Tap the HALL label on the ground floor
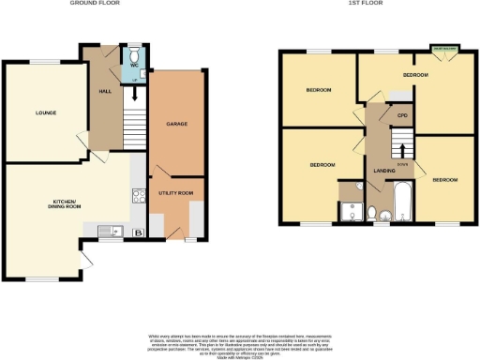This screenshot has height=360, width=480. point(104,92)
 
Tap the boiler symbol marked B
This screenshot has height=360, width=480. point(139,232)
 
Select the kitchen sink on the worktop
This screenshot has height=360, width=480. point(104,231)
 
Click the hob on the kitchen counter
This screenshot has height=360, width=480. point(139,197)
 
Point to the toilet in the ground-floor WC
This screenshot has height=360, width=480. point(135,56)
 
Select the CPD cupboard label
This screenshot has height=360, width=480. point(401,116)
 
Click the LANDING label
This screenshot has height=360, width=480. point(383,171)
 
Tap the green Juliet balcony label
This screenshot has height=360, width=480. point(443,46)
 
